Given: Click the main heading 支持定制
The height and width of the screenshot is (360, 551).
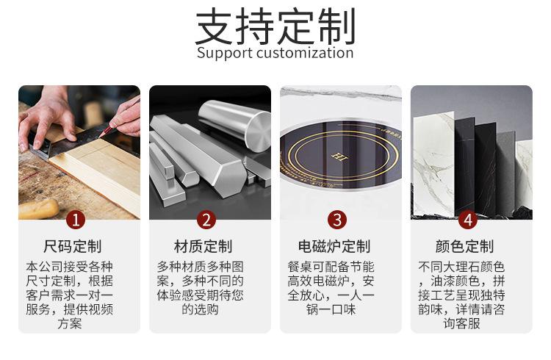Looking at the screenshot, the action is (x=275, y=26).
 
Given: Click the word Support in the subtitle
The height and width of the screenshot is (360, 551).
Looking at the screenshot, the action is (x=225, y=53).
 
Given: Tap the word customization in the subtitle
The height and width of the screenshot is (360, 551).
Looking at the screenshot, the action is (x=305, y=53).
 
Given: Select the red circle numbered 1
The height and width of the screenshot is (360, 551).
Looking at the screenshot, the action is (x=76, y=220).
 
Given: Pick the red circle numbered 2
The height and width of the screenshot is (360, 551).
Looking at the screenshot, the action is (x=206, y=220).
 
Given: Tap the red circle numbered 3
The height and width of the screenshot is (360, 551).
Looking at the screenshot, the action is (x=337, y=220).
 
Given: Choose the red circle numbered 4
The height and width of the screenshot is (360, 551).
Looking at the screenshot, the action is (x=468, y=220).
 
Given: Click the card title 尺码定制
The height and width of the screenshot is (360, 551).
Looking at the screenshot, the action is (x=73, y=246).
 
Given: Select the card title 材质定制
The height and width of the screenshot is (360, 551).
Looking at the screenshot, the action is (x=203, y=246).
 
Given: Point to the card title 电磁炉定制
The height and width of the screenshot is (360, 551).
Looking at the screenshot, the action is (x=334, y=246).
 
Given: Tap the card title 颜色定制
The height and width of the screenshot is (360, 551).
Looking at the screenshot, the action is (x=464, y=246).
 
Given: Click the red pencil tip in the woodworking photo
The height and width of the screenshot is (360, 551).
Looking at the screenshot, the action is (x=101, y=134).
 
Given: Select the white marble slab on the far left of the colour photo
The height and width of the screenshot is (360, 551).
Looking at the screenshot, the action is (x=433, y=164).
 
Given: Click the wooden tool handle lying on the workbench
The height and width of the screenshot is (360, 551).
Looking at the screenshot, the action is (x=38, y=209).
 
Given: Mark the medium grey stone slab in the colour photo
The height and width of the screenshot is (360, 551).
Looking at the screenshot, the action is (x=505, y=172).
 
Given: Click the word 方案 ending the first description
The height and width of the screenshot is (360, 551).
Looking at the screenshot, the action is (x=70, y=323).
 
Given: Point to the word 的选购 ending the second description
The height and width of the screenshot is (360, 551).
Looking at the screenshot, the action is (x=201, y=309).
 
